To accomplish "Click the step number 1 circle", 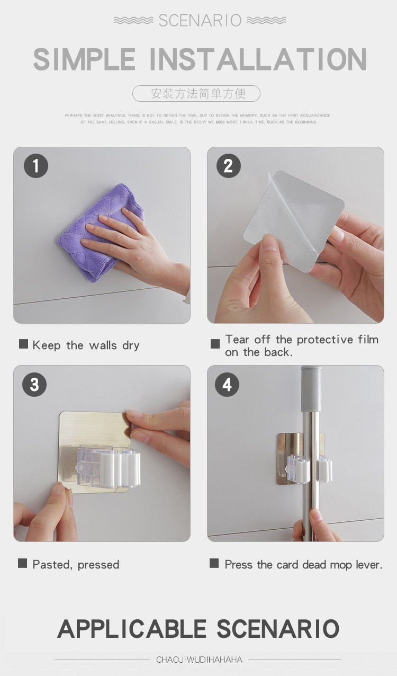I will [36, 166].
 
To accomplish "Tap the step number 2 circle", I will [229, 166].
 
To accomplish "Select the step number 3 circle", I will [34, 384].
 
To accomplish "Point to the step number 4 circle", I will [227, 384].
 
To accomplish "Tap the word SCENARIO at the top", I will [200, 21].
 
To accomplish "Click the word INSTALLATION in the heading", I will [258, 59].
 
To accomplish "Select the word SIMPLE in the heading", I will [85, 59].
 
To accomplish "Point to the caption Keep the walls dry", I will [86, 345].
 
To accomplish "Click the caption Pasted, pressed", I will [76, 565].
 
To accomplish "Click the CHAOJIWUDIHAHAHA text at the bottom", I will [199, 660].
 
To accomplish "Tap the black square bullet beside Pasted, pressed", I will [22, 564].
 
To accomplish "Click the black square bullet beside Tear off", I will [215, 344].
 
